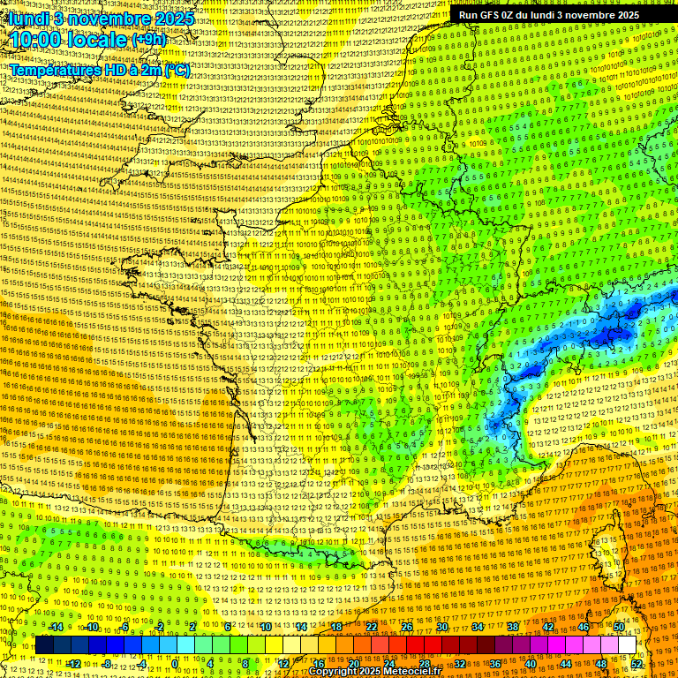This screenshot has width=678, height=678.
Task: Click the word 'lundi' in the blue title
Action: [28, 18]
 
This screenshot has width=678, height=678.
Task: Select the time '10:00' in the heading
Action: [37, 40]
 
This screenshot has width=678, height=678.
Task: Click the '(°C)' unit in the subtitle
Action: [177, 69]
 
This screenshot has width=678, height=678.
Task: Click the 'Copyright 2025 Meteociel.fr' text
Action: [374, 672]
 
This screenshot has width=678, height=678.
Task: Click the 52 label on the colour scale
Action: [637, 663]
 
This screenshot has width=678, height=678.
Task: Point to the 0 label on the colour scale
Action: [175, 663]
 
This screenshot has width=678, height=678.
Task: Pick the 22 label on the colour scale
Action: [372, 627]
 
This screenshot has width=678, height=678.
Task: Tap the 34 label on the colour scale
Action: [478, 627]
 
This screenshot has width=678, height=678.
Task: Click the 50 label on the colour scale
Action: [619, 627]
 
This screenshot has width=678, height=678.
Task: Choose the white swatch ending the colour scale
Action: [627, 645]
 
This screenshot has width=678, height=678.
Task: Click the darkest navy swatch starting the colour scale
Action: [44, 645]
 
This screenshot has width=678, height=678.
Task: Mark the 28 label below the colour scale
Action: [425, 663]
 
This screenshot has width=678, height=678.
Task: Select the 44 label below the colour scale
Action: [566, 663]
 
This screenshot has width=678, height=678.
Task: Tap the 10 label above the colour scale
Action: [266, 627]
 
